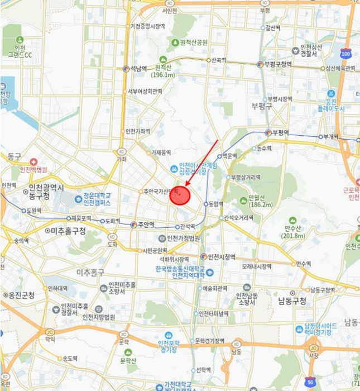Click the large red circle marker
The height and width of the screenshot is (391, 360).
tap(180, 195)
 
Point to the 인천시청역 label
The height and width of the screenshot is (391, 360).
tap(222, 257)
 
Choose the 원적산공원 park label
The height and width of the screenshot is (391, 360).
tap(189, 42)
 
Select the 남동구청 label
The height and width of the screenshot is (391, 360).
tap(292, 301)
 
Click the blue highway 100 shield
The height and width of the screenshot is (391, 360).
tap(346, 54)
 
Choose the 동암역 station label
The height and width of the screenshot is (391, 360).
tap(215, 204)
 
